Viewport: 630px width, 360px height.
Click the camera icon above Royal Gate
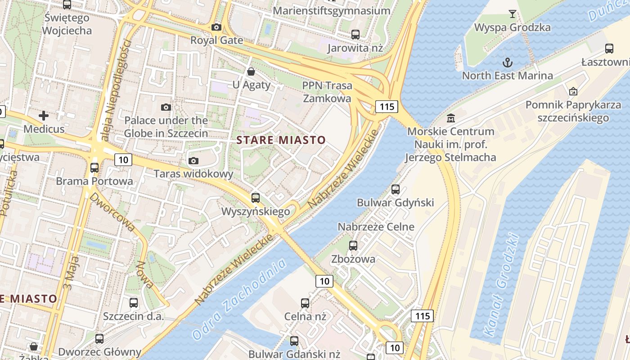[x=216, y=27]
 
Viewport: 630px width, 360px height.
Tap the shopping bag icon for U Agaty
[x=251, y=72]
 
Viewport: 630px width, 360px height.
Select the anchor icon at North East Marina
[x=508, y=62]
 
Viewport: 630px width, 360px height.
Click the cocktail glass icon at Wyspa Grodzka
[x=512, y=14]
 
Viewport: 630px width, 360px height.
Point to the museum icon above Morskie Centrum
[x=450, y=119]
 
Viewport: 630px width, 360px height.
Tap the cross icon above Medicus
[x=44, y=116]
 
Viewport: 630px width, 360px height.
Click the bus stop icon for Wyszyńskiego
[x=256, y=198]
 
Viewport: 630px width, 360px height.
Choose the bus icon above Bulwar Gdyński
[x=396, y=189]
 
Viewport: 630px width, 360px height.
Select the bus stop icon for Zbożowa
[x=353, y=246]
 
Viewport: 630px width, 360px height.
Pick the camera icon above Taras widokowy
[x=193, y=161]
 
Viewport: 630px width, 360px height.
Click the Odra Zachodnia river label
[x=239, y=299]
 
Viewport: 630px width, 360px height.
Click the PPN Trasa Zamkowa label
[x=327, y=92]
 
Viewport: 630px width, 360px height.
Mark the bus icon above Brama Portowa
[x=94, y=168]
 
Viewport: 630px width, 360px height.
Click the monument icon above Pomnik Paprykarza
[x=573, y=91]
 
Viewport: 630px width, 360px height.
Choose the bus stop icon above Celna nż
[x=305, y=303]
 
